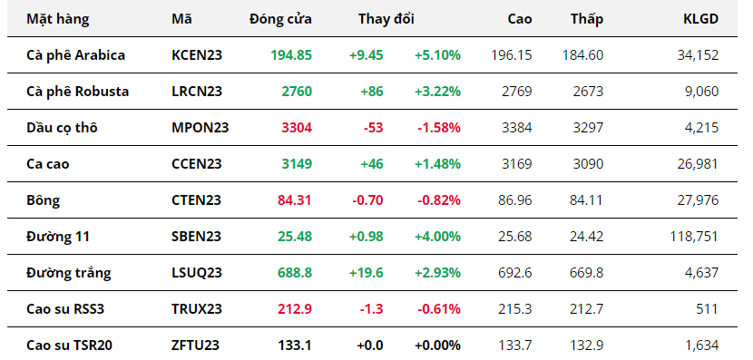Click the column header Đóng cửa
pos(280,19)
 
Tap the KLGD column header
pos(701,19)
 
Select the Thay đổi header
pos(386,19)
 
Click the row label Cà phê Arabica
pos(75,55)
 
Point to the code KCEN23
pos(197,55)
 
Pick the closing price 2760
pos(297,92)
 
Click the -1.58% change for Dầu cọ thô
pos(439,128)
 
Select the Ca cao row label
pos(47,164)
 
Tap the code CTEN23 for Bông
pos(196,200)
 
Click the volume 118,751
pos(694,237)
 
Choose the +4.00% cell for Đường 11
pos(437,237)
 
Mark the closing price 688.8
pos(294,273)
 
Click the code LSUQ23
pos(197,273)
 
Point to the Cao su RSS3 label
pos(65,309)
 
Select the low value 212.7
pos(586,309)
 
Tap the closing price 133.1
pos(295,345)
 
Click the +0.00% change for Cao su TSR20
pos(437,345)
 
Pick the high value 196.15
pos(512,55)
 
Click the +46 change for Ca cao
pos(372,164)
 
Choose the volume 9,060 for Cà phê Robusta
pos(702,92)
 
